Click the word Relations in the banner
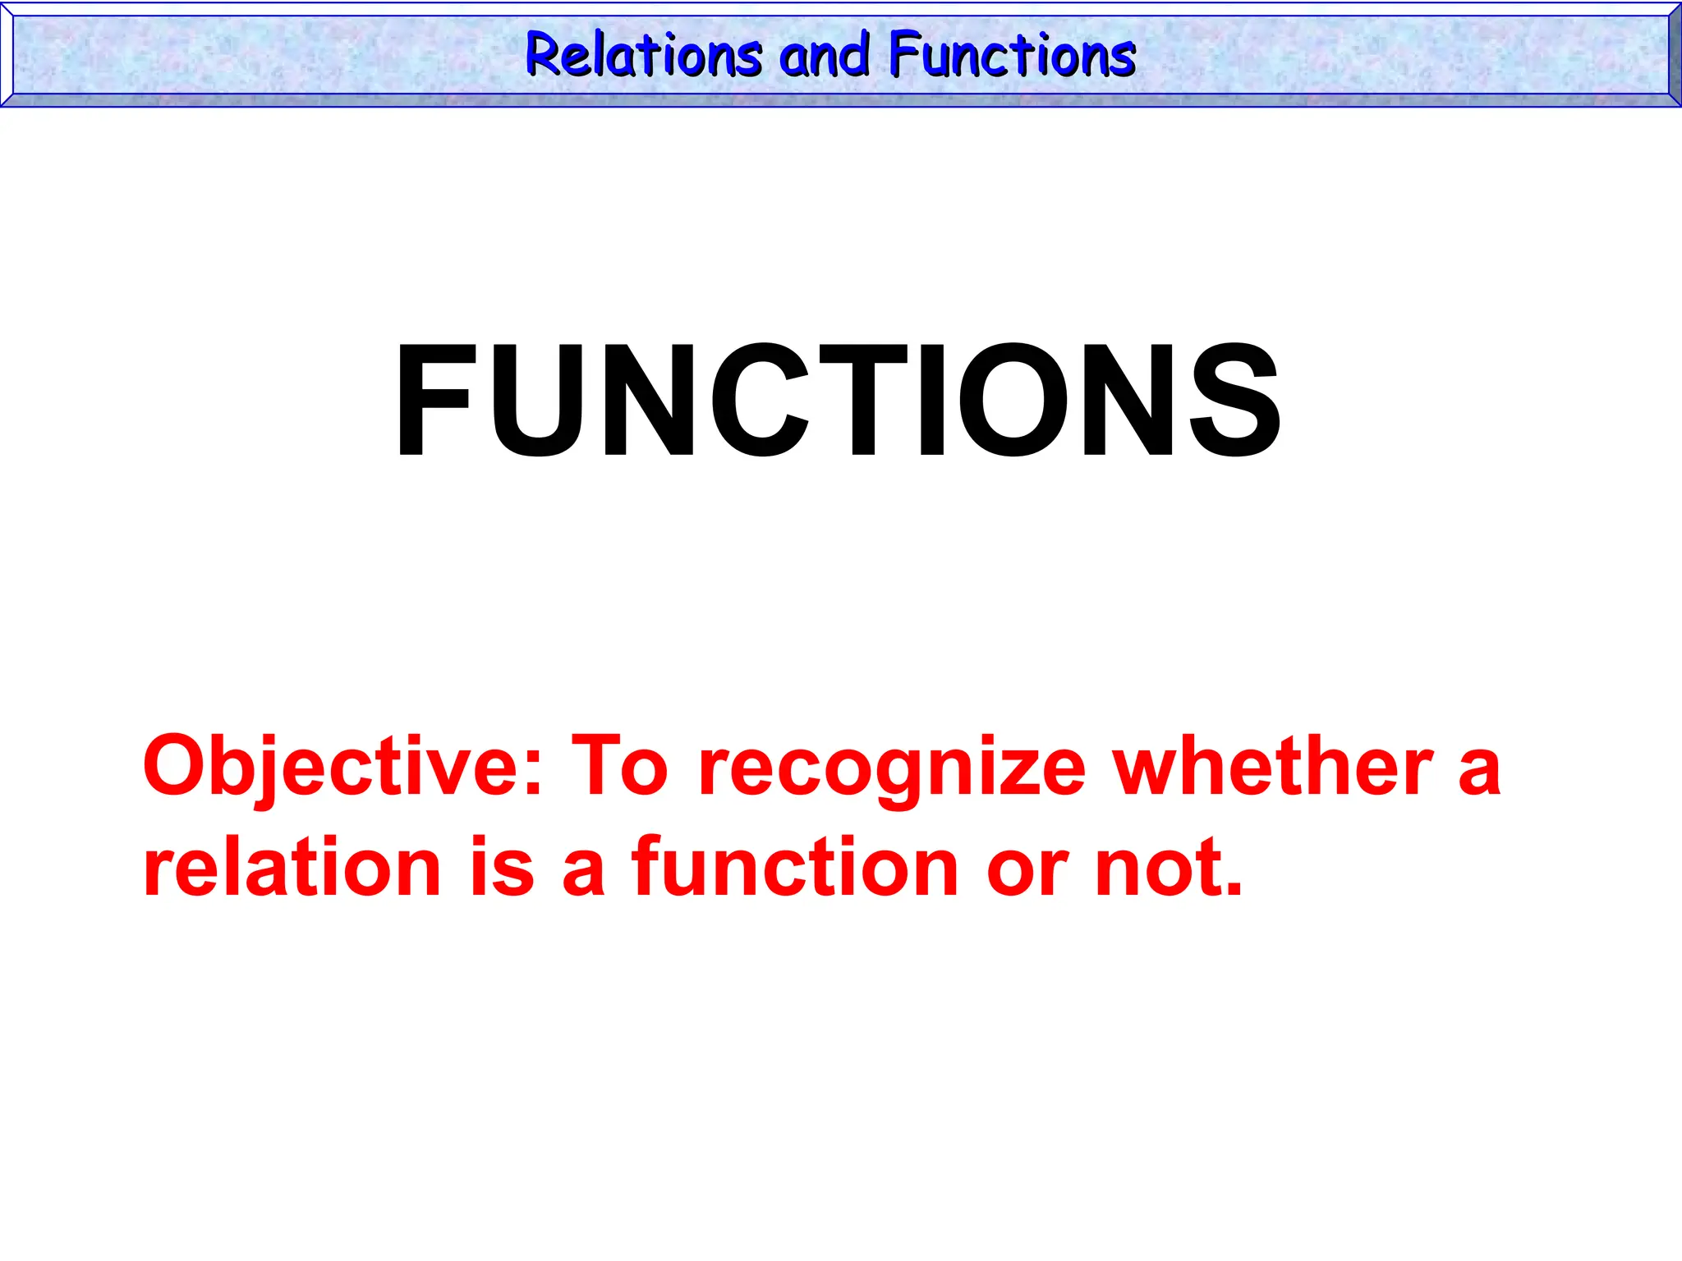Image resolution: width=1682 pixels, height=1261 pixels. (644, 56)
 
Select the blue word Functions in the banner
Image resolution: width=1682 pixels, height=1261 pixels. (1012, 56)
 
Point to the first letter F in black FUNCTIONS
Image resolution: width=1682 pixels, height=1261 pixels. (433, 401)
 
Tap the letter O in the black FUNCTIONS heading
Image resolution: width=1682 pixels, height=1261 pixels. (1011, 401)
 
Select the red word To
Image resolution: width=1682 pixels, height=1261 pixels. (620, 765)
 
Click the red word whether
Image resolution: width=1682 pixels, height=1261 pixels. (1273, 765)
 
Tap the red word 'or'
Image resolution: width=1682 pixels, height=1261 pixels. (1027, 875)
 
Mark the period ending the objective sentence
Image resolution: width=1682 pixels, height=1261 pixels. (1232, 890)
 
